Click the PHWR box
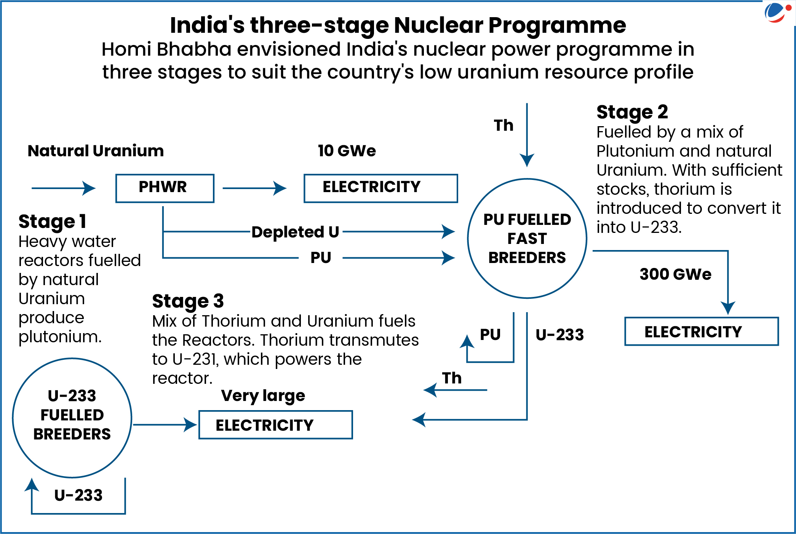(165, 188)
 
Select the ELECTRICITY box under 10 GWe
(380, 188)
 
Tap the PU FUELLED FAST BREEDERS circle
(527, 239)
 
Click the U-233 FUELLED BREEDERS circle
(72, 417)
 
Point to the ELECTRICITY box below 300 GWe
(701, 331)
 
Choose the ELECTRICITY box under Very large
(275, 425)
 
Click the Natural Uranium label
(96, 151)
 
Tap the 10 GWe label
(347, 151)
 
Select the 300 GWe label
(675, 274)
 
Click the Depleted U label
(295, 232)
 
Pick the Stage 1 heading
(52, 221)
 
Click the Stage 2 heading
(632, 112)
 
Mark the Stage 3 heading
(188, 301)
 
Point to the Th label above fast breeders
(503, 125)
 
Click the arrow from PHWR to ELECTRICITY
(254, 188)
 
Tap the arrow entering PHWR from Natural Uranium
(63, 188)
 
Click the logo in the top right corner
(777, 12)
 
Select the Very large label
(263, 396)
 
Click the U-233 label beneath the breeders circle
(78, 495)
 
